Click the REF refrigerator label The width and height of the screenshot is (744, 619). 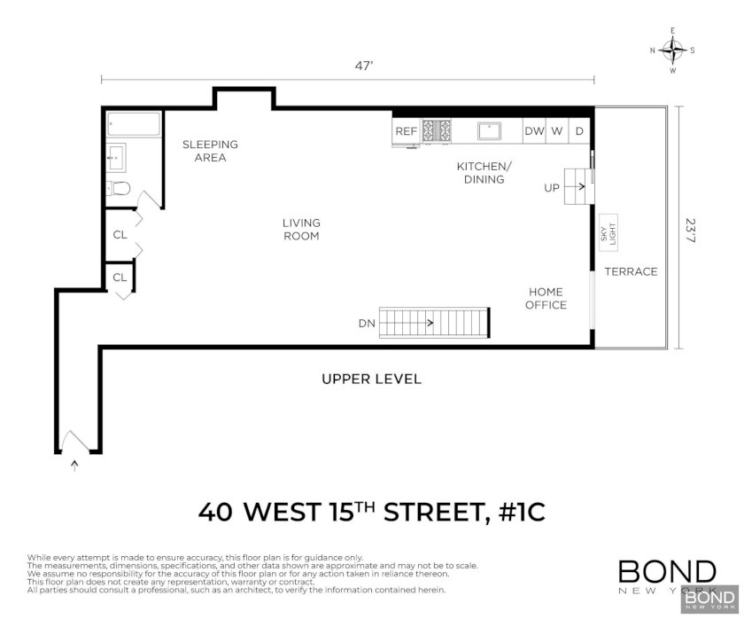click(407, 131)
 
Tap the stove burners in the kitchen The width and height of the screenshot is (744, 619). click(437, 130)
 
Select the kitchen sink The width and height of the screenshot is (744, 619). click(489, 130)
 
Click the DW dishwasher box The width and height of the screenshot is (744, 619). click(534, 130)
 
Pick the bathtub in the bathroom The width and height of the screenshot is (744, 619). click(134, 124)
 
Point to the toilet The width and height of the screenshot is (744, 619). click(118, 189)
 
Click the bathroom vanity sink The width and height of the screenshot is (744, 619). click(116, 157)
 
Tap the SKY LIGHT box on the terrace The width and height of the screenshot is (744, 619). click(608, 233)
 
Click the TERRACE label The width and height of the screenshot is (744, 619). click(631, 271)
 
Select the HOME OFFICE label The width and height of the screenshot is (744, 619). click(546, 298)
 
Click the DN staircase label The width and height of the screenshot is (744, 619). click(367, 324)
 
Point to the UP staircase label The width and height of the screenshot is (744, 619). click(551, 188)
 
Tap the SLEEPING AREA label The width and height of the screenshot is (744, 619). click(210, 151)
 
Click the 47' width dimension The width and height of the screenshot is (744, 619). click(364, 66)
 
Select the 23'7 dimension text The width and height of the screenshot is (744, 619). click(690, 231)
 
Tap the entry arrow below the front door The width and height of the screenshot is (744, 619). click(74, 465)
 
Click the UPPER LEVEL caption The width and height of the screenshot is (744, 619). click(371, 379)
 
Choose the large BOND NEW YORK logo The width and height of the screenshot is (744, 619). click(668, 576)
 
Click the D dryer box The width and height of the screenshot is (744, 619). click(579, 130)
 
